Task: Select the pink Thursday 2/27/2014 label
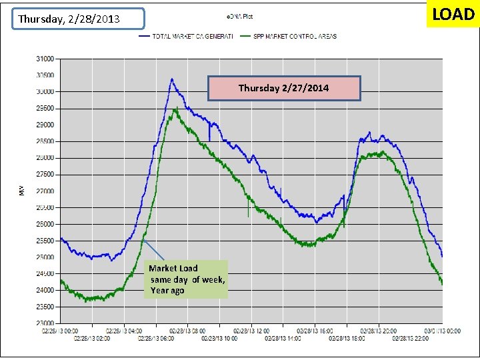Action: pyautogui.click(x=284, y=88)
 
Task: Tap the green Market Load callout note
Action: pyautogui.click(x=187, y=279)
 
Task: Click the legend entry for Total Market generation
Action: pyautogui.click(x=187, y=36)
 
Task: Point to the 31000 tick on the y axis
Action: pyautogui.click(x=45, y=59)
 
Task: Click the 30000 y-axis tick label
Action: pyautogui.click(x=45, y=91)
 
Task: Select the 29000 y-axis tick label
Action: pyautogui.click(x=45, y=125)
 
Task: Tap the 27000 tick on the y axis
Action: pyautogui.click(x=45, y=191)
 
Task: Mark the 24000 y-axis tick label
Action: pyautogui.click(x=45, y=291)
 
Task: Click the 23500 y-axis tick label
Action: pyautogui.click(x=45, y=307)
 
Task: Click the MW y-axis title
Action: pyautogui.click(x=21, y=191)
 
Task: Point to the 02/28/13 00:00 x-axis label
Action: pyautogui.click(x=61, y=330)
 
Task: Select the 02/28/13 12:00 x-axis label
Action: pyautogui.click(x=252, y=330)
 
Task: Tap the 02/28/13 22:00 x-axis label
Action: pyautogui.click(x=411, y=338)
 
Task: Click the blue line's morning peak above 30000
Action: pyautogui.click(x=171, y=79)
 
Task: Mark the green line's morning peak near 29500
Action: pyautogui.click(x=175, y=109)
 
